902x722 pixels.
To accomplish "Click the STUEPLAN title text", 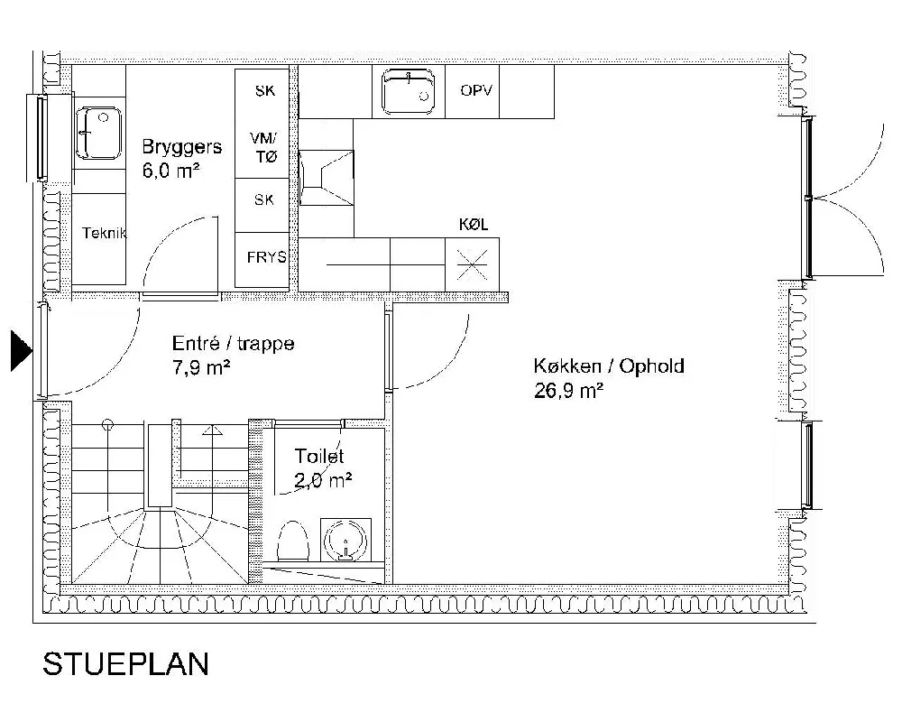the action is (x=125, y=664).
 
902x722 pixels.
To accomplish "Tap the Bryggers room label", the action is (x=182, y=147).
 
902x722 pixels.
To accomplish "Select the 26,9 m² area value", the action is (x=568, y=391).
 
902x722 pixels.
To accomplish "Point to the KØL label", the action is (x=474, y=225).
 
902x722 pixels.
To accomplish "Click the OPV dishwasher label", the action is (x=475, y=90).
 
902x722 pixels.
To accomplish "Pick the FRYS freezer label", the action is (x=266, y=257).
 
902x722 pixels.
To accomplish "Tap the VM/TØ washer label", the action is (x=264, y=147).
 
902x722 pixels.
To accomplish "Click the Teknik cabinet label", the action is (x=104, y=233).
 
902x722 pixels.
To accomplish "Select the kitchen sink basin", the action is (x=409, y=91).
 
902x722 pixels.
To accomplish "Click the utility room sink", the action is (x=99, y=133).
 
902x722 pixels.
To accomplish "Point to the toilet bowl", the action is (x=293, y=541).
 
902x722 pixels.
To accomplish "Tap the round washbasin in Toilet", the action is (x=345, y=540).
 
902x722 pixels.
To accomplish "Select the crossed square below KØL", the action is (x=473, y=264).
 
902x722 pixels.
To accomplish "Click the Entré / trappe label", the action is (x=233, y=344).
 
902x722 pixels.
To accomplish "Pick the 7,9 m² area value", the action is (x=201, y=367).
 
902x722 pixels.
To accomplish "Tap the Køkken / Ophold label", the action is (x=609, y=366).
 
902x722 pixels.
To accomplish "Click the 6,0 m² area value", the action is (x=170, y=171).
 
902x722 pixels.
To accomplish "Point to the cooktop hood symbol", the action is (x=327, y=177).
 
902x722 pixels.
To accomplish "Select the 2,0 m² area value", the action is (x=323, y=480).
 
